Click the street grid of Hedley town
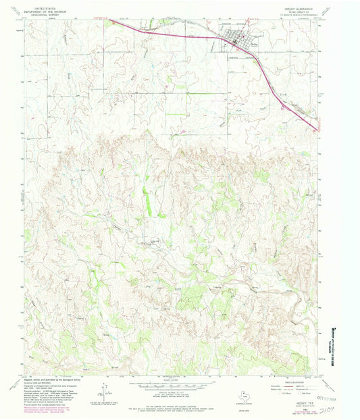(x=240, y=41)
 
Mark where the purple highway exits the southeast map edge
(x=318, y=130)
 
